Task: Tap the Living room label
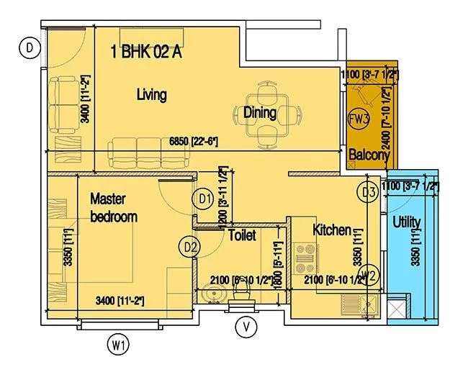[x=151, y=94]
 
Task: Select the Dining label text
[x=259, y=112]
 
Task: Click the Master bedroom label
[x=113, y=207]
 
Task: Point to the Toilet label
[x=242, y=235]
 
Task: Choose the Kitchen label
[x=332, y=230]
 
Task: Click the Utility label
[x=407, y=223]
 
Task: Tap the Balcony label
[x=369, y=155]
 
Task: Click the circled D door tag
[x=29, y=48]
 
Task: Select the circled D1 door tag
[x=204, y=198]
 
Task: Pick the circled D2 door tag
[x=190, y=247]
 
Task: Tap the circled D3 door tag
[x=369, y=192]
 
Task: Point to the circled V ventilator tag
[x=247, y=327]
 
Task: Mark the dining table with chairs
[x=259, y=112]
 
